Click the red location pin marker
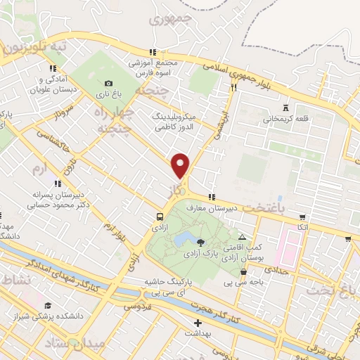[x=181, y=165]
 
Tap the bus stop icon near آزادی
[x=160, y=217]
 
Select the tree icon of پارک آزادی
[x=202, y=243]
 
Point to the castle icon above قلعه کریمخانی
[x=285, y=108]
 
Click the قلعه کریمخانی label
[x=285, y=119]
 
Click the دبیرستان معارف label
[x=209, y=208]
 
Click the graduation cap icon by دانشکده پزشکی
[x=48, y=305]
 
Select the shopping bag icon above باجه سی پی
[x=243, y=272]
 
